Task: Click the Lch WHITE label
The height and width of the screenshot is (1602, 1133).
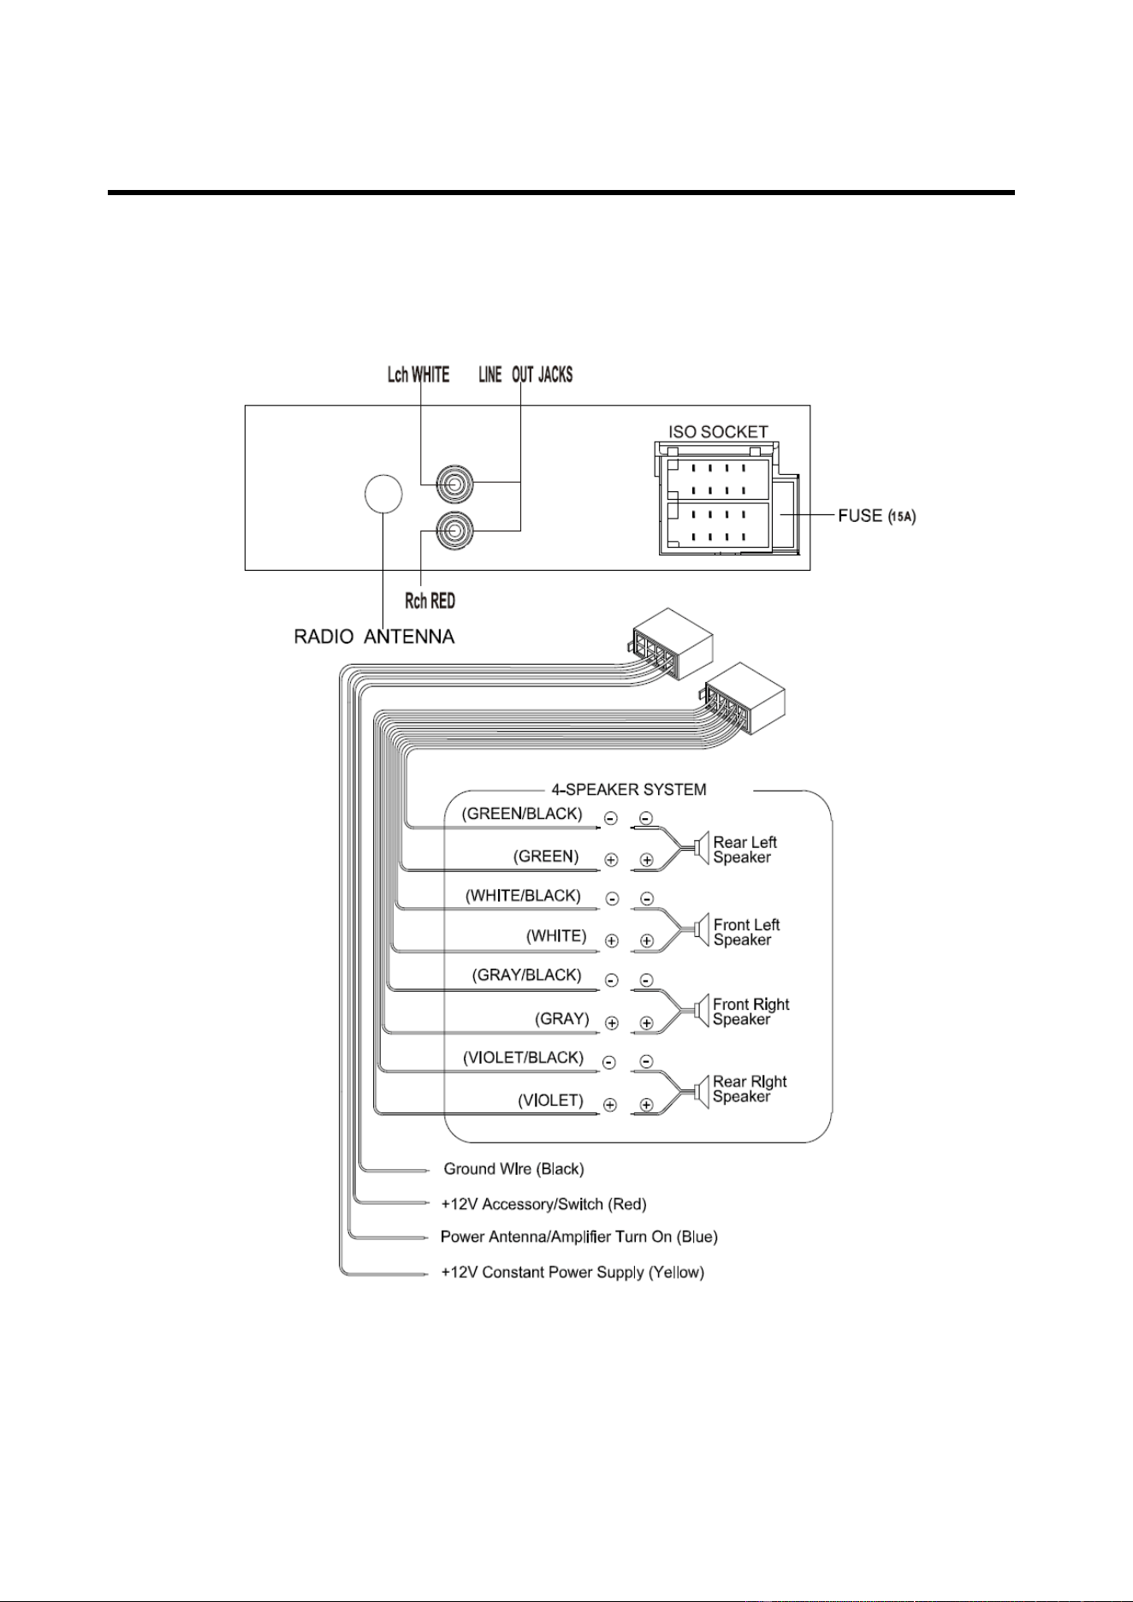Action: click(x=418, y=375)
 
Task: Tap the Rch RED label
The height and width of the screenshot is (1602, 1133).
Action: click(x=430, y=601)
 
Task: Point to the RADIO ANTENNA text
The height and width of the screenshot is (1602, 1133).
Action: click(x=374, y=637)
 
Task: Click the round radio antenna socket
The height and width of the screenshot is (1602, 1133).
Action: click(x=383, y=494)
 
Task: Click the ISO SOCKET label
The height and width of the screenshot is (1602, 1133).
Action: click(x=718, y=432)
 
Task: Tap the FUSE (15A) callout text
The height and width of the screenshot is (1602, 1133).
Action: click(x=877, y=516)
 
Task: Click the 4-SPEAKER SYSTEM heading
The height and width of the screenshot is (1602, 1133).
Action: click(x=629, y=789)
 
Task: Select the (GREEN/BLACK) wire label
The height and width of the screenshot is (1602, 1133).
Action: click(x=522, y=813)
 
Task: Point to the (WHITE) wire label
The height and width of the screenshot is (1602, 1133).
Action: click(x=556, y=936)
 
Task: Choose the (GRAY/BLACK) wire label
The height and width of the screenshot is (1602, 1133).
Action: click(x=526, y=976)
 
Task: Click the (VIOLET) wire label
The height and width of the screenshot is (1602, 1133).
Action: click(x=551, y=1101)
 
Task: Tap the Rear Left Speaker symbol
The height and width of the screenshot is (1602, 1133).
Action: click(x=702, y=848)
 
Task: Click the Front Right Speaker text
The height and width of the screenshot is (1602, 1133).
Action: click(x=750, y=1012)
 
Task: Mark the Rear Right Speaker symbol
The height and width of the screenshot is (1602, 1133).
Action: click(x=702, y=1090)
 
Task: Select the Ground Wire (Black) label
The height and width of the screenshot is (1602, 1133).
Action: click(x=513, y=1169)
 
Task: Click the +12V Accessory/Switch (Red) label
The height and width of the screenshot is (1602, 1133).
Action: click(x=543, y=1205)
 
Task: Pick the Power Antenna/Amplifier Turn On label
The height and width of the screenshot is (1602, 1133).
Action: click(x=578, y=1237)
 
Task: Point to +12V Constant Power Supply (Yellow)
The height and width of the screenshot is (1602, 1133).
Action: click(x=572, y=1273)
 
